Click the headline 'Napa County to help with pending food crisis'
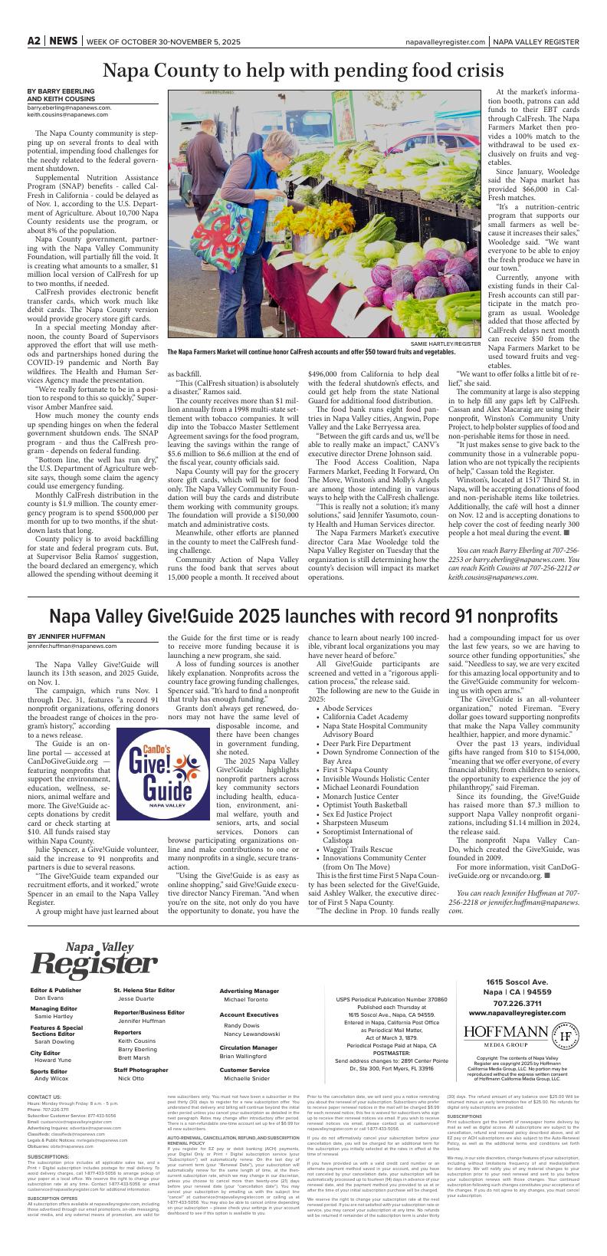tap(303, 71)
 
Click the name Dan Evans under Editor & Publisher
tap(49, 998)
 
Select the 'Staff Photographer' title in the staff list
tap(141, 1069)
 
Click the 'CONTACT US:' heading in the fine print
tap(44, 1097)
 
